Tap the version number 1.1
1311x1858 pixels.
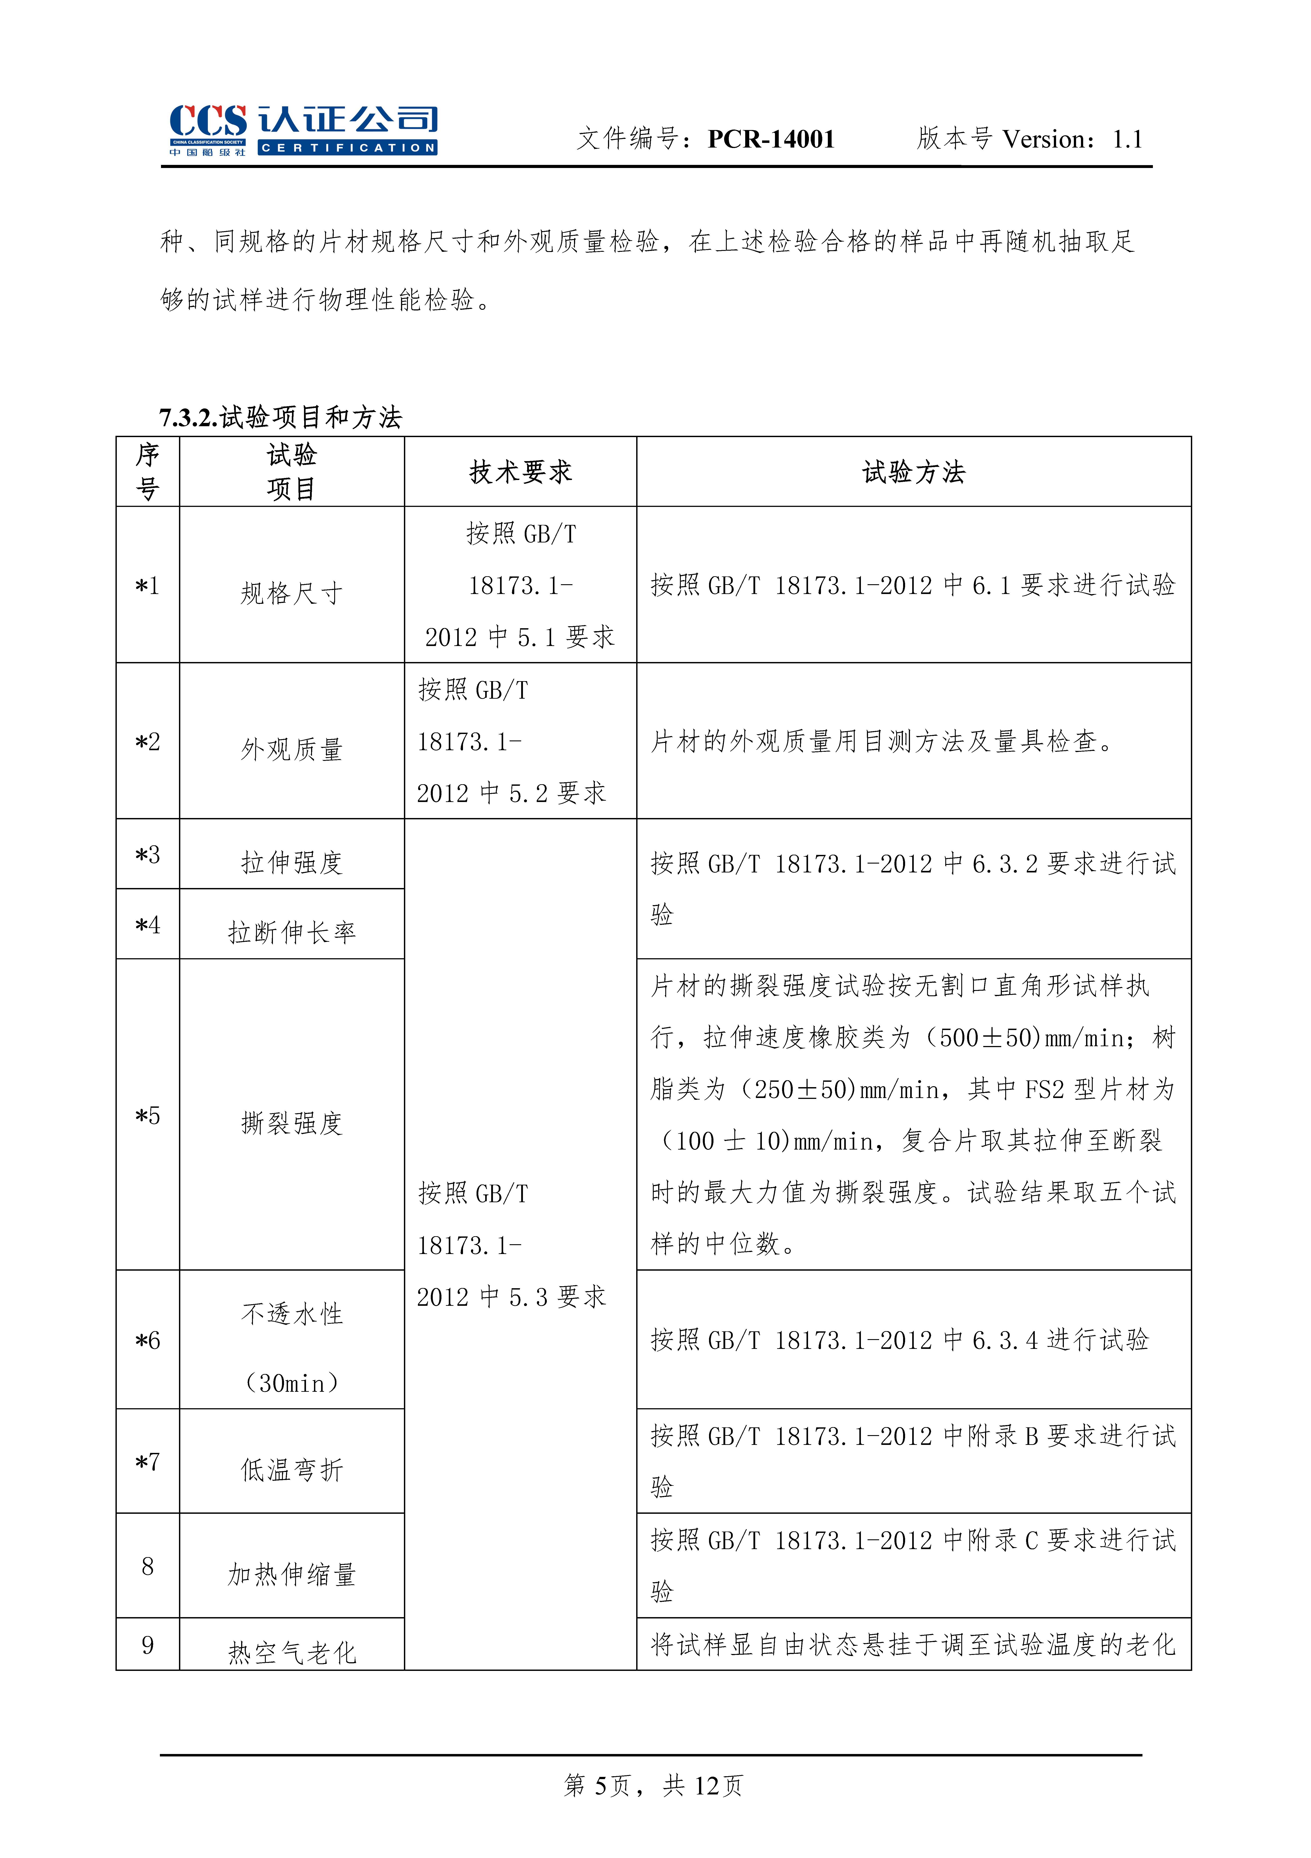click(1127, 139)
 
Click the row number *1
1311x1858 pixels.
click(147, 585)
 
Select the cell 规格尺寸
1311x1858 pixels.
click(291, 593)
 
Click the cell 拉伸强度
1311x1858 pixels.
click(291, 863)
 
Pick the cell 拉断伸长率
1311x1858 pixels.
click(291, 932)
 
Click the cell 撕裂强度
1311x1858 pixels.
click(291, 1123)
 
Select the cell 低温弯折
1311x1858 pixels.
click(291, 1470)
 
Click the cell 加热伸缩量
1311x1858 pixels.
click(291, 1574)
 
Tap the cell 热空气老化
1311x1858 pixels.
click(291, 1652)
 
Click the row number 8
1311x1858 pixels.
click(147, 1566)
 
